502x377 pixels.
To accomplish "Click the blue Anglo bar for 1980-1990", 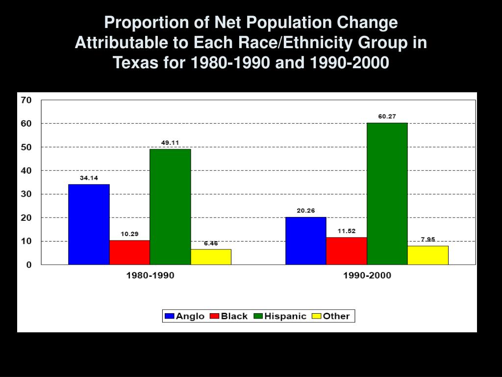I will [89, 224].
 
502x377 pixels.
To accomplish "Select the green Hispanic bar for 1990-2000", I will [387, 193].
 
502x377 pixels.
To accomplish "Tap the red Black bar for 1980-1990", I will [129, 252].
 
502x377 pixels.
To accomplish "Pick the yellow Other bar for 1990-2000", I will [428, 255].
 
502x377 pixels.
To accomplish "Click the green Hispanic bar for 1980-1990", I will [170, 207].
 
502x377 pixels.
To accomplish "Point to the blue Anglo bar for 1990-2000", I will [305, 241].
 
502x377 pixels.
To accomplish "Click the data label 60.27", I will [387, 116].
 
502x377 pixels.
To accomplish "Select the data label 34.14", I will [89, 178].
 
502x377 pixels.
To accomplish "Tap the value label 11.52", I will [346, 231].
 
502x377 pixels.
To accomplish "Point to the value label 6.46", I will [211, 243].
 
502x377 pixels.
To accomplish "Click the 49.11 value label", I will [170, 143].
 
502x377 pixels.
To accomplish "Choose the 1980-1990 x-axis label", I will [150, 275].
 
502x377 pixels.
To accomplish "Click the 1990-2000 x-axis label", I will [367, 275].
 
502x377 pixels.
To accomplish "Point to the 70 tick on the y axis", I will [26, 100].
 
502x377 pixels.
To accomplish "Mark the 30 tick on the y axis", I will [26, 194].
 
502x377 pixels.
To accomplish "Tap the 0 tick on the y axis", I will [29, 265].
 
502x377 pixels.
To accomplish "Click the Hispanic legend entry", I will [280, 316].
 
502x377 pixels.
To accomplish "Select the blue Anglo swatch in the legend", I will [170, 316].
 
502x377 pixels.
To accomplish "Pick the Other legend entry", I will [331, 316].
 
